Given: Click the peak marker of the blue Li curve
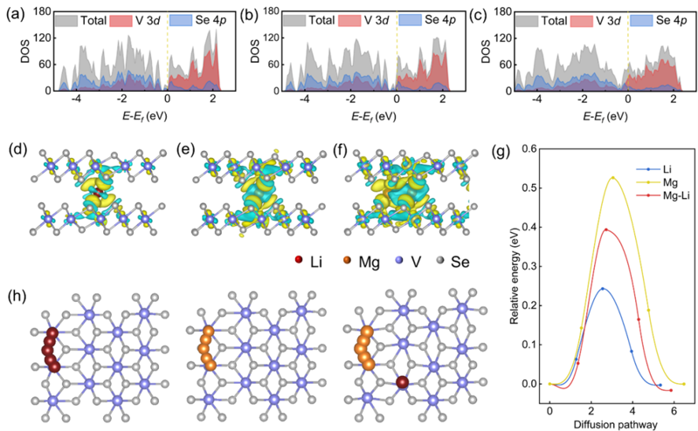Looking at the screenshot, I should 602,289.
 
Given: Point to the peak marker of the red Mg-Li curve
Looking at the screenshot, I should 605,229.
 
